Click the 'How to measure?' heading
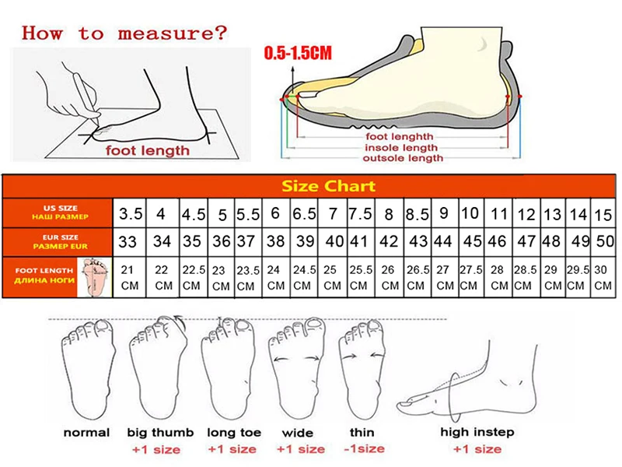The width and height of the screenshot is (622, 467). [x=124, y=33]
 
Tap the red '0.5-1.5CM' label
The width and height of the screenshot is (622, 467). [x=298, y=54]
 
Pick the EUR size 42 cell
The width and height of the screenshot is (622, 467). [x=389, y=242]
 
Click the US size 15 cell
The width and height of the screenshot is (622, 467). [x=603, y=213]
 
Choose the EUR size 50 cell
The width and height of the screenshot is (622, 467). [x=603, y=242]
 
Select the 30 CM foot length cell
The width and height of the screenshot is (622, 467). [x=603, y=277]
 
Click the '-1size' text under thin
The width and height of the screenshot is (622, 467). [x=363, y=449]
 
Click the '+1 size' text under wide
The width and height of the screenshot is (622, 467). [x=299, y=449]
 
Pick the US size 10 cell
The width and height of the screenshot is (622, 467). [x=470, y=212]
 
